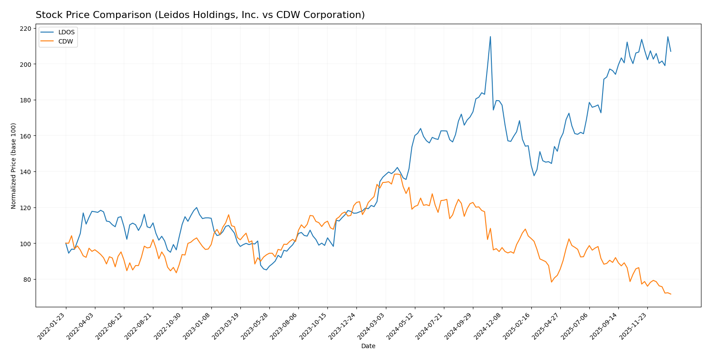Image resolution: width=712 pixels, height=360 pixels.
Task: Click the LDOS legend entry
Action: tap(66, 32)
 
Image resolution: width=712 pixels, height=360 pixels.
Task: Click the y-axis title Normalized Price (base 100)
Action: tap(14, 166)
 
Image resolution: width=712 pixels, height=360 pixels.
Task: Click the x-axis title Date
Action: tap(368, 346)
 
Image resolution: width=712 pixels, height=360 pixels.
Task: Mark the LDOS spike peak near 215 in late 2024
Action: tap(490, 36)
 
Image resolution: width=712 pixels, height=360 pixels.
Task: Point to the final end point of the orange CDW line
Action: tap(671, 294)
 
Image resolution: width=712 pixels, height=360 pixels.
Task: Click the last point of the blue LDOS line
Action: tap(671, 51)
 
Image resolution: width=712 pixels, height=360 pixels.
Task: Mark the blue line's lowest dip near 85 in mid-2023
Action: tap(266, 269)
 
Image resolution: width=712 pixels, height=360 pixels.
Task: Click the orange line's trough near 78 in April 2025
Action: tap(551, 282)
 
